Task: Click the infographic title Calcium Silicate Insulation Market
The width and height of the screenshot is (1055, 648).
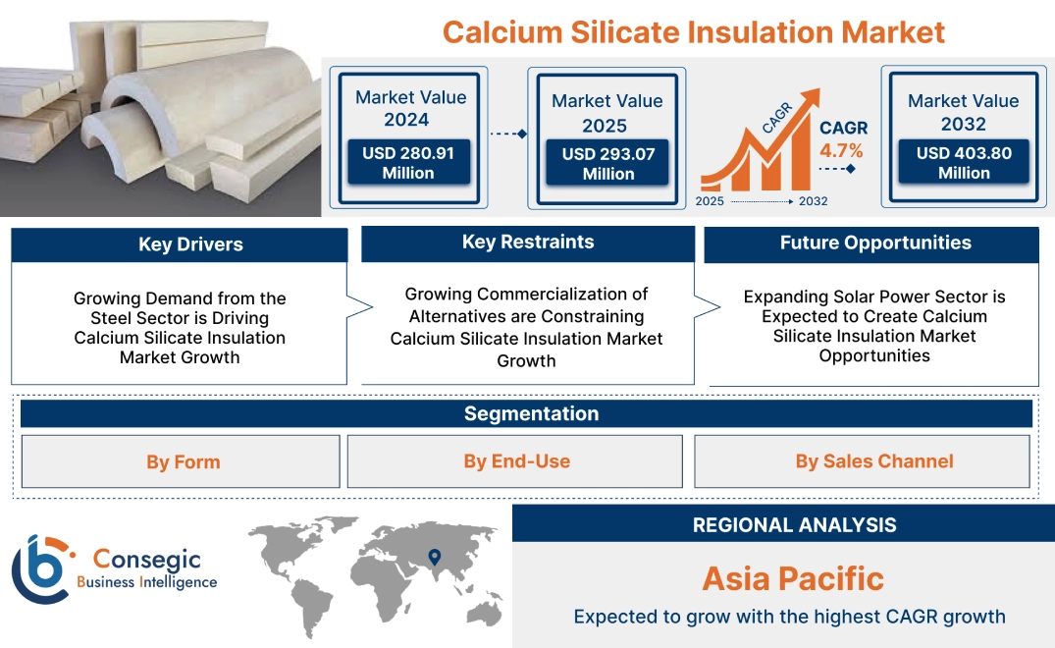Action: [693, 31]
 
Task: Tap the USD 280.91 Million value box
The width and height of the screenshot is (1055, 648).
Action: [407, 162]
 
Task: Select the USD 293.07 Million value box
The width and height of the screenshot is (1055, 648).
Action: [607, 163]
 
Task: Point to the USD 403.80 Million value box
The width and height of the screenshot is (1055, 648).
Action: [963, 162]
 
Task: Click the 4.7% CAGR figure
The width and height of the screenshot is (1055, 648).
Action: [841, 150]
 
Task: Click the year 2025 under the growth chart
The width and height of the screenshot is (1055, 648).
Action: [712, 201]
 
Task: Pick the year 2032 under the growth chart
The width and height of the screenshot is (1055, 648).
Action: [812, 201]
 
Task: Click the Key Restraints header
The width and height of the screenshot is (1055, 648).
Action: [528, 243]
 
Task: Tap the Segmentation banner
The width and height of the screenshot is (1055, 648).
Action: [531, 413]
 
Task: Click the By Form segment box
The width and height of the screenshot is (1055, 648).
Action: [183, 461]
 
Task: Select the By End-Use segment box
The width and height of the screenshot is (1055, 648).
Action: [516, 461]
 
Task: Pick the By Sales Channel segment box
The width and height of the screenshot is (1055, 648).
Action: [873, 461]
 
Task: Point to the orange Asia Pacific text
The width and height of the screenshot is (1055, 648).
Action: [793, 578]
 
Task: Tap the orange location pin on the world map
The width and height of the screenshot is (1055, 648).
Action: [433, 558]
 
